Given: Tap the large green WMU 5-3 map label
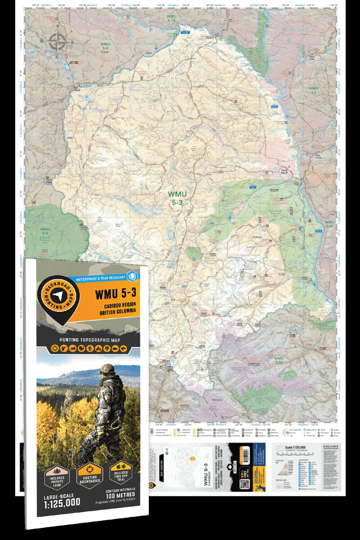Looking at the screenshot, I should point(177,198).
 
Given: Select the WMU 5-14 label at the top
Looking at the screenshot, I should point(171,18).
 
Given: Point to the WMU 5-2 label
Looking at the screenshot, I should point(314,90).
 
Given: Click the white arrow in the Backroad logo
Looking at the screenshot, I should point(58,295).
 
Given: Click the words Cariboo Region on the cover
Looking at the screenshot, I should point(115,306).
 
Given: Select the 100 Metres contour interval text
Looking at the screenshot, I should point(120,495).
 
